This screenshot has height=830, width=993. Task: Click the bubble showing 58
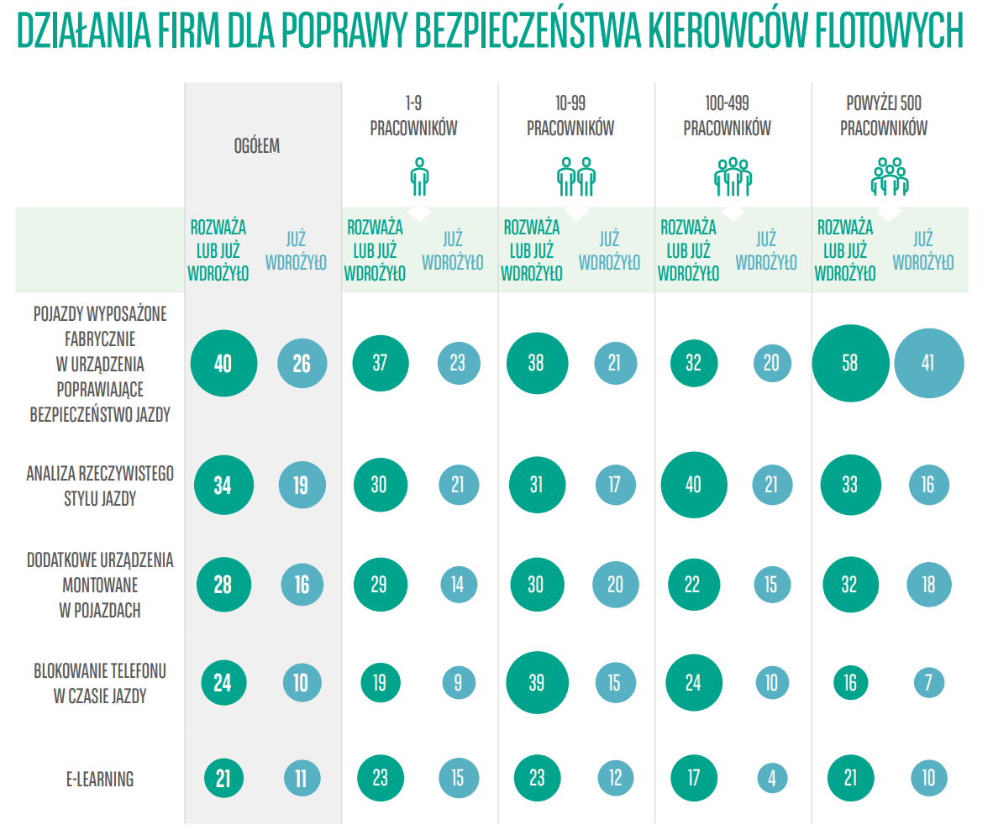coord(850,363)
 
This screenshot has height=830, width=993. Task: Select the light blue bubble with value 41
coord(928,363)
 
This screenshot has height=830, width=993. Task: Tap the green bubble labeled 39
coord(537,682)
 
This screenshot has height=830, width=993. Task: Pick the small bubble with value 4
coord(771,778)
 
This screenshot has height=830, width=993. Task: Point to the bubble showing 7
coord(928,682)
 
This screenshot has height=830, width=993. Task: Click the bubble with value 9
coord(458,682)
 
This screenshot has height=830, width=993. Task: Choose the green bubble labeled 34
coord(223,485)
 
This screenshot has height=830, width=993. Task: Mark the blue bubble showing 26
coord(302,363)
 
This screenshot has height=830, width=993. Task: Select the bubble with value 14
coord(458,584)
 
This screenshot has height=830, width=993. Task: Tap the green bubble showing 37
coord(380,363)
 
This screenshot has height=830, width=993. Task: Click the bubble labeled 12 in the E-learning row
coord(615,778)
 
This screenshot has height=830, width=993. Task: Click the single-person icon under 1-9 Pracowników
coord(419,176)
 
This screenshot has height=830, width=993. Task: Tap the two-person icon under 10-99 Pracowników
coord(576,176)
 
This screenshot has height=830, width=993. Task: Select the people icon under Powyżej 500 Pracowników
coord(890,176)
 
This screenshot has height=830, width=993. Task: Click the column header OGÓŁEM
coord(256,146)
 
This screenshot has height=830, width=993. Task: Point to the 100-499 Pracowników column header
coord(727,116)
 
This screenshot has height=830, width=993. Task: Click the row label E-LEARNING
coord(100,779)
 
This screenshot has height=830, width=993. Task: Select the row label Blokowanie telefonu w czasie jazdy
coord(100,683)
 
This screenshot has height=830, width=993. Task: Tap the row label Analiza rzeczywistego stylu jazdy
coord(100,486)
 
